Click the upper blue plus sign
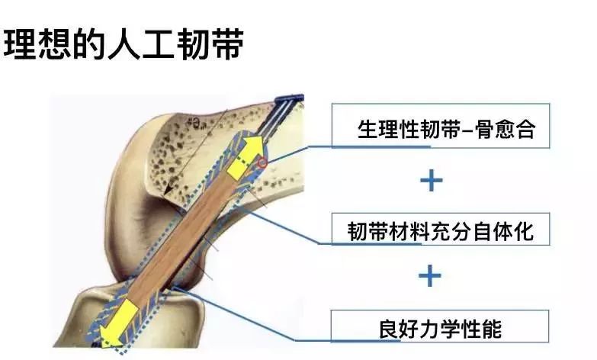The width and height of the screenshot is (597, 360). tap(432, 180)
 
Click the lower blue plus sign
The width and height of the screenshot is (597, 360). tap(431, 275)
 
